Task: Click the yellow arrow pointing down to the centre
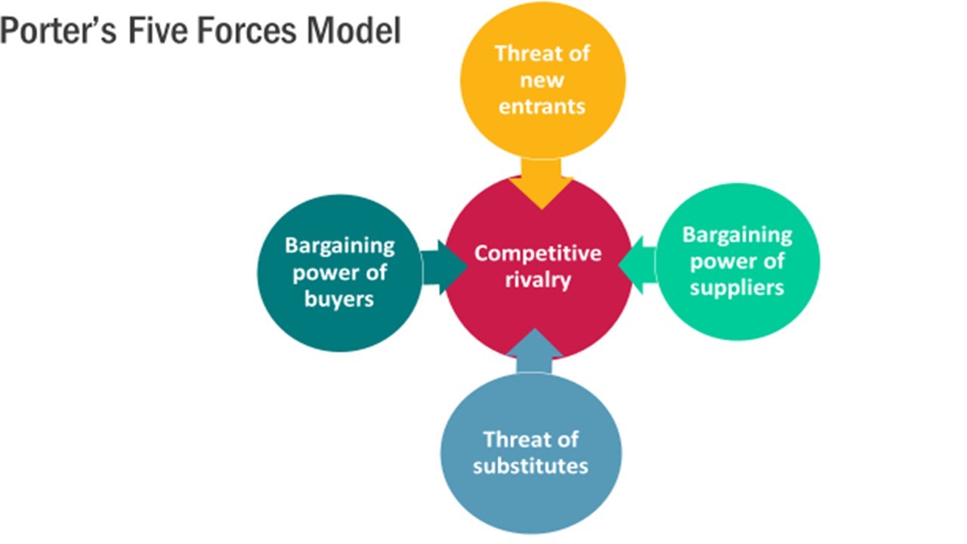[540, 181]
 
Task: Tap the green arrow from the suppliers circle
[638, 264]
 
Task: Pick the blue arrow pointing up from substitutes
[535, 352]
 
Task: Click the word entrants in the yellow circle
[542, 105]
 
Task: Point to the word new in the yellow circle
[542, 79]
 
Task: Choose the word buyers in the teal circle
[339, 298]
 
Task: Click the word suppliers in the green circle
[737, 287]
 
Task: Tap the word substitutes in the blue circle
[530, 465]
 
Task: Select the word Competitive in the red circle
[538, 252]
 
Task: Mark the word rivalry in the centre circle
[539, 280]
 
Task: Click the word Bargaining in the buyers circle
[339, 246]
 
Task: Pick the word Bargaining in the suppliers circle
[737, 234]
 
